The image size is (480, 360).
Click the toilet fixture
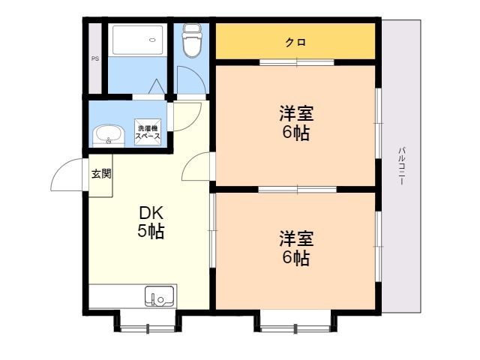click(192, 40)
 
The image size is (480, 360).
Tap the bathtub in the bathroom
click(137, 40)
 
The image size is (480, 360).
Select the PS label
click(95, 58)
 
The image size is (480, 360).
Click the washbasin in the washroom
click(108, 136)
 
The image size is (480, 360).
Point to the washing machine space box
click(148, 132)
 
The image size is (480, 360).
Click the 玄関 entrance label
click(101, 174)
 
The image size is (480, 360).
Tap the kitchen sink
click(159, 296)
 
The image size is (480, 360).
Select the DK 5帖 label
click(151, 222)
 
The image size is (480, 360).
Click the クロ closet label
click(295, 42)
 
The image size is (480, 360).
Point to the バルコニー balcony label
click(402, 166)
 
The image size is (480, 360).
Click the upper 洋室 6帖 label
click(296, 123)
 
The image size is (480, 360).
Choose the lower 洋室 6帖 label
click(296, 248)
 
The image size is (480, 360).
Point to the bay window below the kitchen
click(148, 321)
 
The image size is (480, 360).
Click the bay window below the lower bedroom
click(295, 321)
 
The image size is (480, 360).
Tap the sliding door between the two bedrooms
click(297, 190)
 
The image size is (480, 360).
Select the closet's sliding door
click(297, 62)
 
